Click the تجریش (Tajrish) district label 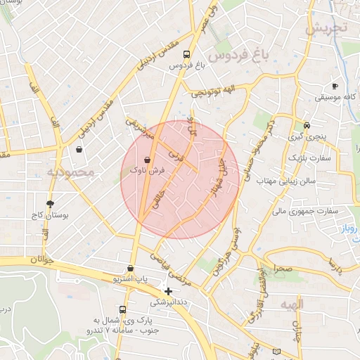click(x=326, y=28)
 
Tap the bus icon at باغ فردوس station click(x=186, y=53)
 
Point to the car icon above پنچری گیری click(x=306, y=125)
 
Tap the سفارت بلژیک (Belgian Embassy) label click(x=313, y=158)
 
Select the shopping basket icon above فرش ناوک click(x=147, y=160)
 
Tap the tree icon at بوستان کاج click(x=50, y=203)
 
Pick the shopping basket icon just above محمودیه click(x=79, y=149)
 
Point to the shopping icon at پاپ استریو click(x=131, y=268)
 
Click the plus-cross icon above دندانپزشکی click(x=168, y=291)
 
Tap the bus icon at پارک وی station click(x=123, y=309)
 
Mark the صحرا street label click(x=285, y=269)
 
